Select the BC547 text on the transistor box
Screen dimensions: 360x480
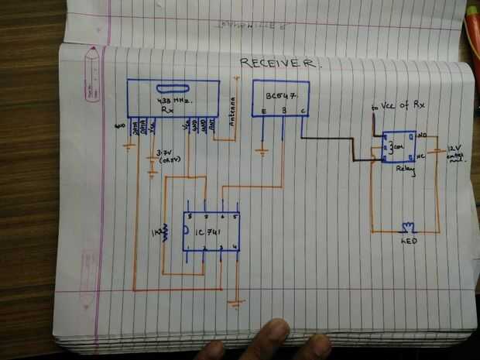click(281, 98)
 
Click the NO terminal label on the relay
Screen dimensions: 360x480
click(422, 136)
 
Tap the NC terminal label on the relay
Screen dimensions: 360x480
click(422, 156)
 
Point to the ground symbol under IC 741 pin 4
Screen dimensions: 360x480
click(235, 302)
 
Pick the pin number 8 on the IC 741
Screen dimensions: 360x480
click(190, 217)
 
